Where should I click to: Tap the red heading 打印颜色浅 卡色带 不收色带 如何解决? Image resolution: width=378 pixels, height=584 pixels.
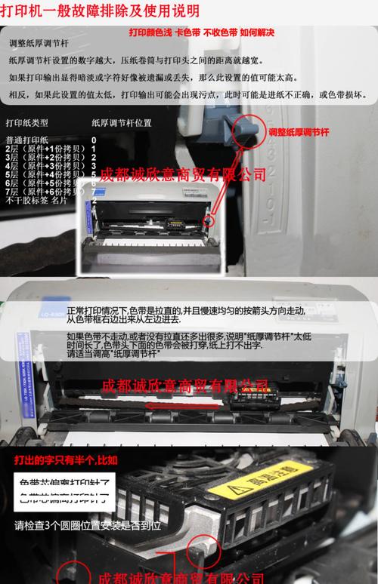(x=201, y=32)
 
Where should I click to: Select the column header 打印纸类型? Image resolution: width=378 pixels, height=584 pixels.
(x=27, y=121)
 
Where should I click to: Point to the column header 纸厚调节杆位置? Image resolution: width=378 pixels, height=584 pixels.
(x=121, y=121)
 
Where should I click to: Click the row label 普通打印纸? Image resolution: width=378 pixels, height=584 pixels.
(x=27, y=140)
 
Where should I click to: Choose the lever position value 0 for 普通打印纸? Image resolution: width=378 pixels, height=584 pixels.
(x=94, y=140)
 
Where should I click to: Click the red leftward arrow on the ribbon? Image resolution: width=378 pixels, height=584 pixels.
(x=169, y=404)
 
